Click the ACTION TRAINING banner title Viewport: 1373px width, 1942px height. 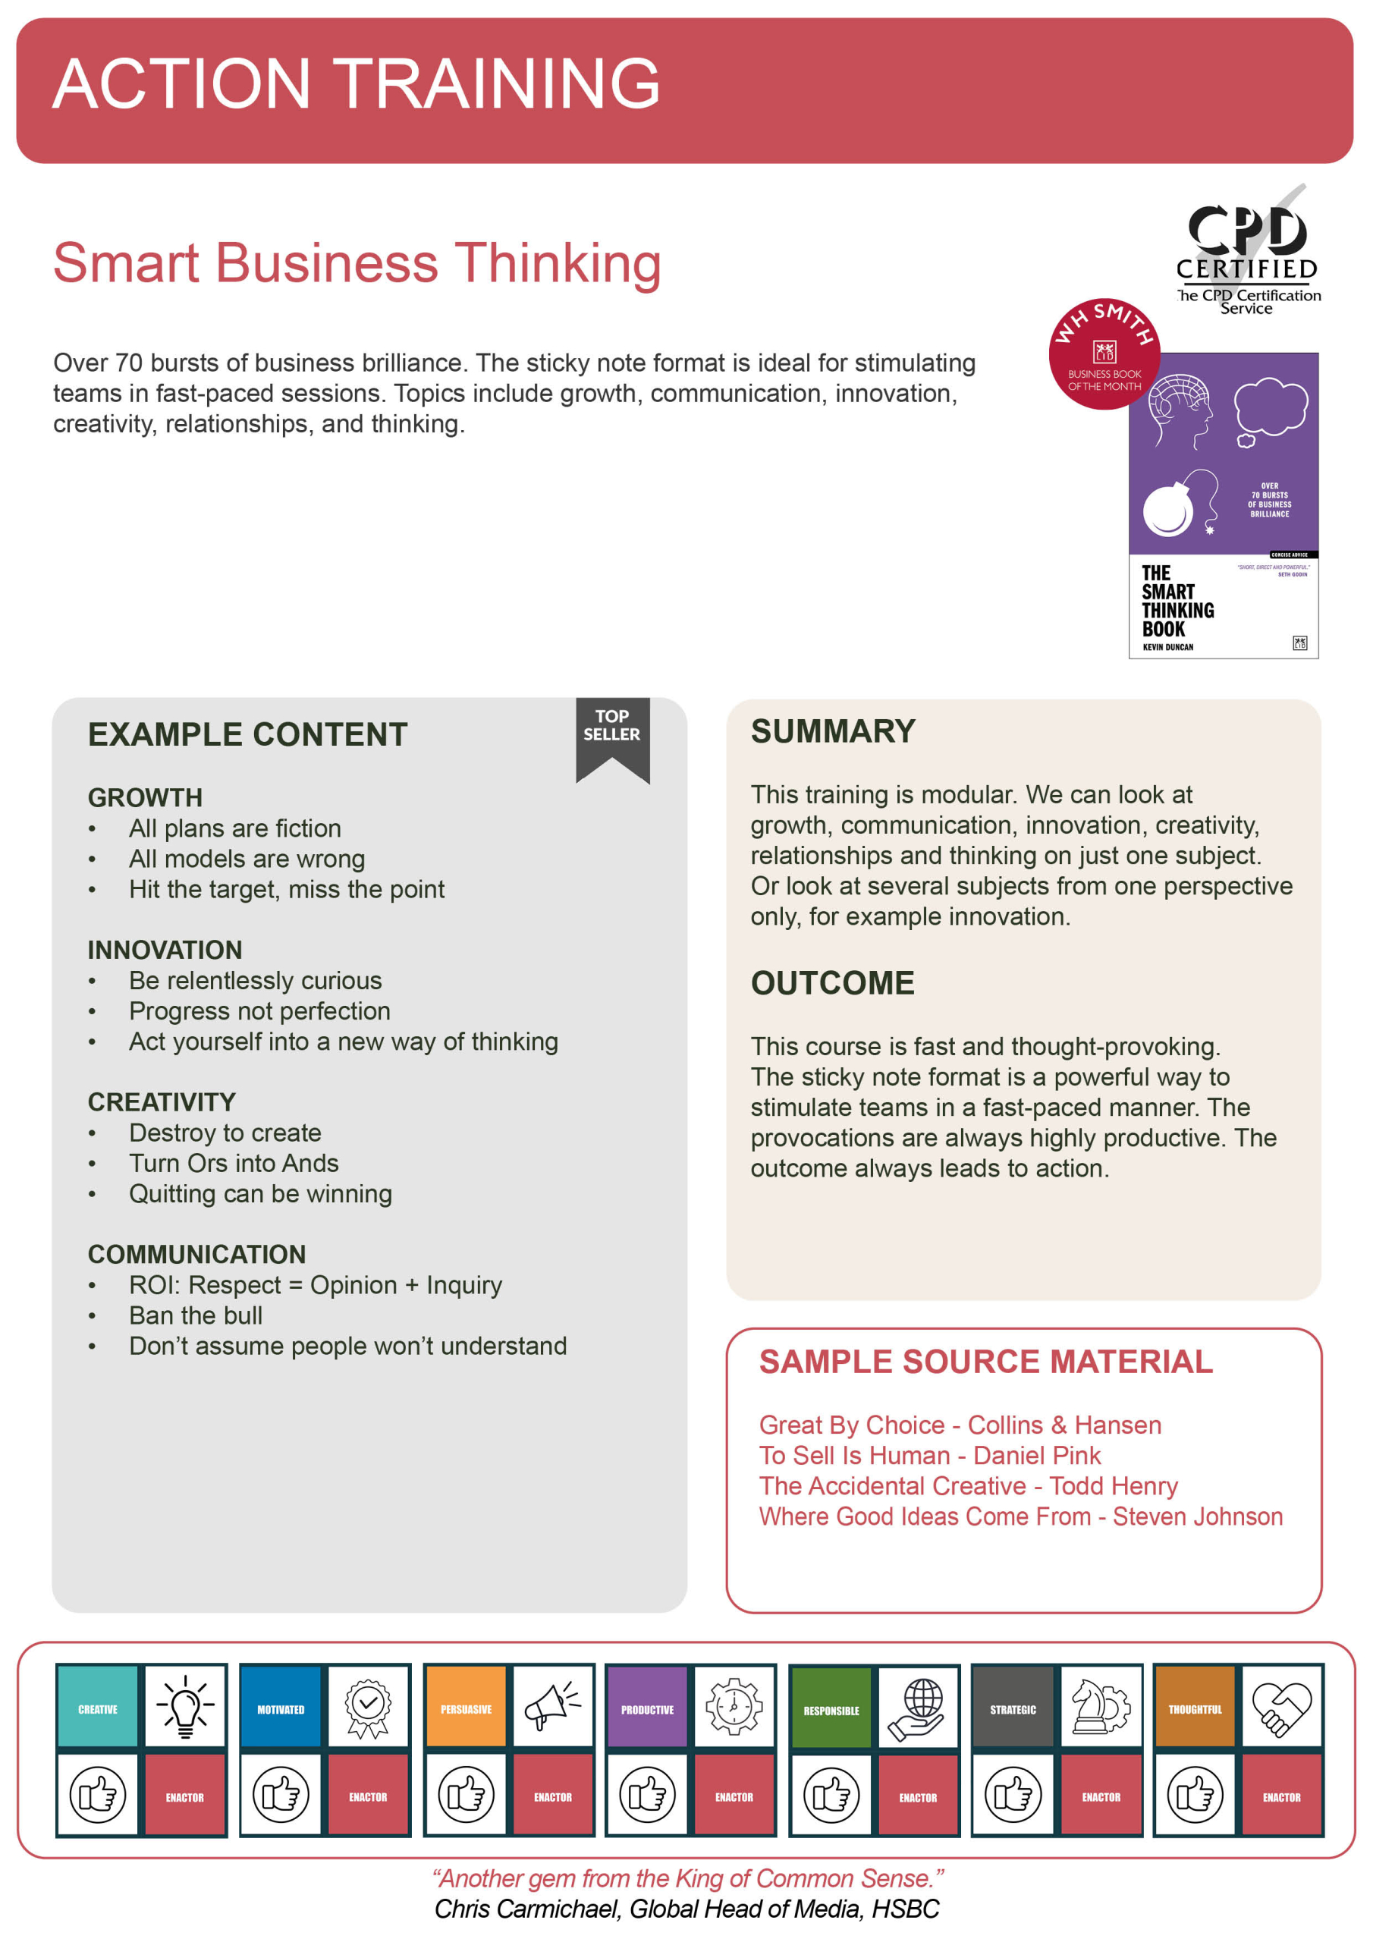357,83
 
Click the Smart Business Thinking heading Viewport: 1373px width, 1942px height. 357,263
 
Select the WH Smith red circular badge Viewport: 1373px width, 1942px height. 1103,354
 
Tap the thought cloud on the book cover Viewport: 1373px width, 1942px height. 1270,409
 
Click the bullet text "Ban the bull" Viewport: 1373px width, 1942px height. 196,1315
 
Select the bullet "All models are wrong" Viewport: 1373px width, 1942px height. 247,859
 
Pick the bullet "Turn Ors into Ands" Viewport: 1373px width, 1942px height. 234,1163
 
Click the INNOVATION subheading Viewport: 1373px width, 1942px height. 165,950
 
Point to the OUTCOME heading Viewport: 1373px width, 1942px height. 832,983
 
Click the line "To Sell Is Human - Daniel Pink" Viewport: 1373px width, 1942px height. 930,1455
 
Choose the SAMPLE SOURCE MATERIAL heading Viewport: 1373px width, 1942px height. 985,1362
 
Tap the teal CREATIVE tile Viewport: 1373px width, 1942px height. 98,1709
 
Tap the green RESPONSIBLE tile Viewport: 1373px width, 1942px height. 831,1710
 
